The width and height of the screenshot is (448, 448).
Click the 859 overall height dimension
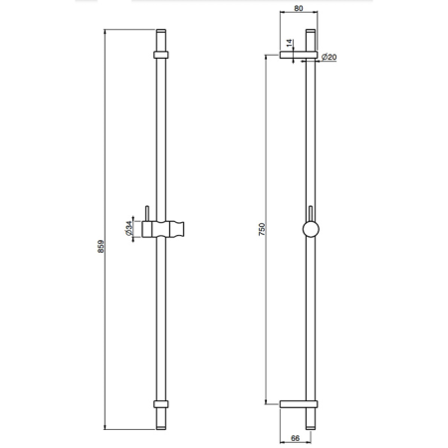point(101,247)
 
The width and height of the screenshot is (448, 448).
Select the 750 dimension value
point(262,229)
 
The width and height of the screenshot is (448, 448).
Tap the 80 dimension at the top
point(299,8)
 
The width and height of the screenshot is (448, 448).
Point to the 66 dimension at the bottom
point(295,438)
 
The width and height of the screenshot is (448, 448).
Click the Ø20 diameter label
point(329,57)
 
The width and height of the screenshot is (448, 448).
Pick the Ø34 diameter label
point(128,229)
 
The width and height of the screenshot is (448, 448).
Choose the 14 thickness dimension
point(290,43)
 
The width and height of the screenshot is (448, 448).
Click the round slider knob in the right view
point(311,229)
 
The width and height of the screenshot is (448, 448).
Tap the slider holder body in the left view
point(163,229)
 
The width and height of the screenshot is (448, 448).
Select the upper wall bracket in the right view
point(299,55)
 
